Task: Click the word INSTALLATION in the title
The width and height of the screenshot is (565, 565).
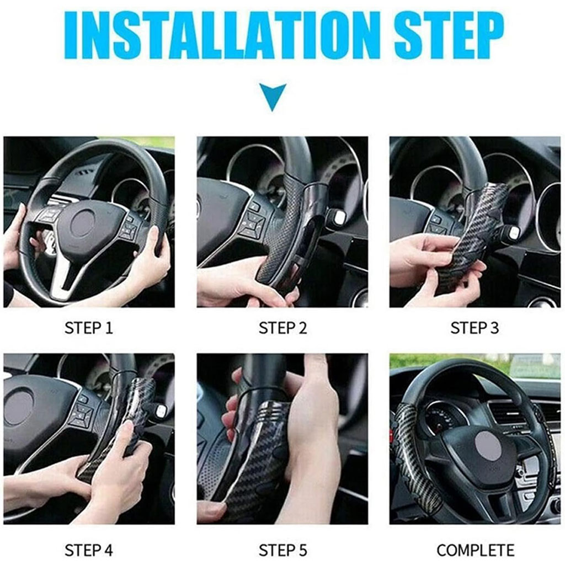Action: pos(222,36)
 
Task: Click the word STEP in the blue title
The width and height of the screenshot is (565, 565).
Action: pos(449,36)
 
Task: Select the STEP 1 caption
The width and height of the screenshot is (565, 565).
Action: pos(89,328)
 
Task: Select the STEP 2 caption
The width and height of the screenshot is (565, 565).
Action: pos(283,328)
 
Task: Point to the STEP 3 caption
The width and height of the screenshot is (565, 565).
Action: pos(475,328)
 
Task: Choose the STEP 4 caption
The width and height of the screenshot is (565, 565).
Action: pos(89,550)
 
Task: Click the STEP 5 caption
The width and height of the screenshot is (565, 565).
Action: pos(283,550)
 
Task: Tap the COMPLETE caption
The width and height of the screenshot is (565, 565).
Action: pos(475,550)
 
